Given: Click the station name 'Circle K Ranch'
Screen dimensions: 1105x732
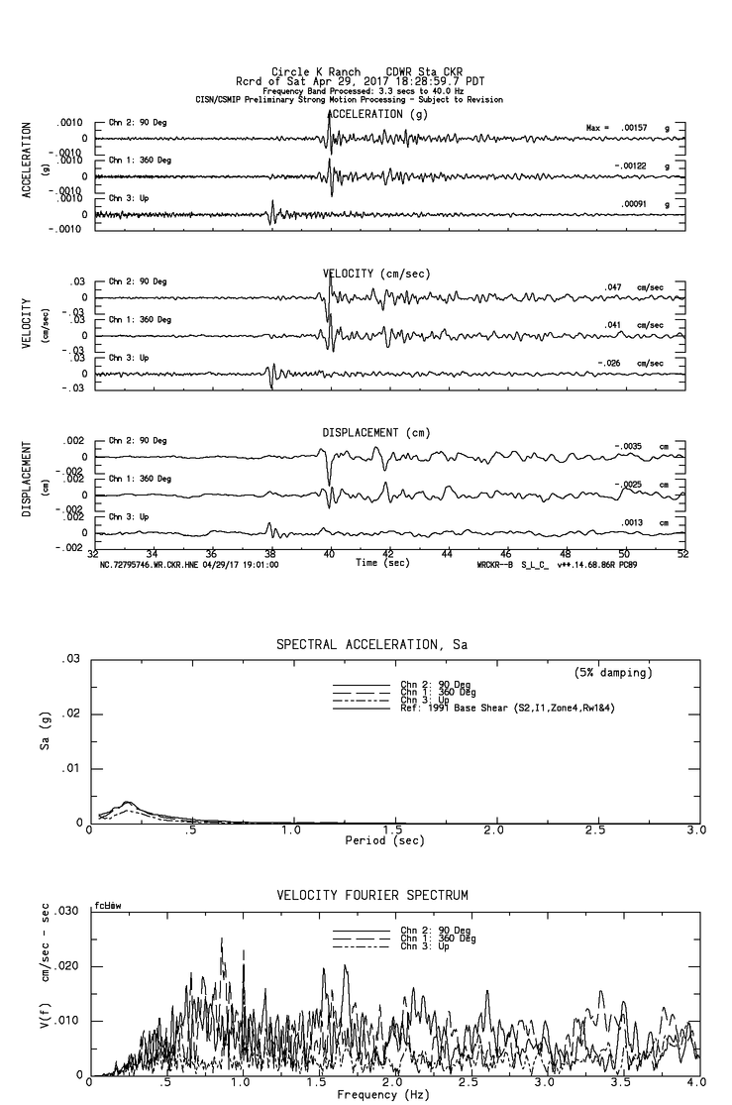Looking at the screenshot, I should click(x=308, y=72).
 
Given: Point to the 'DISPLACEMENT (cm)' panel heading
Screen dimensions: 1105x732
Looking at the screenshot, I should click(x=376, y=433).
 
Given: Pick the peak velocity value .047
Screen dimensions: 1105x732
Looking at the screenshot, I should click(x=612, y=286).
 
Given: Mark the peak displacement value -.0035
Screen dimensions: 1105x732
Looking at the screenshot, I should click(x=628, y=447).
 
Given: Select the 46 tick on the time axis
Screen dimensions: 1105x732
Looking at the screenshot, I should click(x=506, y=554).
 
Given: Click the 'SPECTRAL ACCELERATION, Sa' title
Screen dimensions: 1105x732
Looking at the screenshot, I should click(x=371, y=645).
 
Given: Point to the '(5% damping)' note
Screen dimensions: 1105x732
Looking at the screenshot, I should click(x=613, y=673).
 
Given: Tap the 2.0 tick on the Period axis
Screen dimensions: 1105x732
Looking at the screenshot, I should click(x=493, y=829).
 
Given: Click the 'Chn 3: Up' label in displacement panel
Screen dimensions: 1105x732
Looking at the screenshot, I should click(x=127, y=517).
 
